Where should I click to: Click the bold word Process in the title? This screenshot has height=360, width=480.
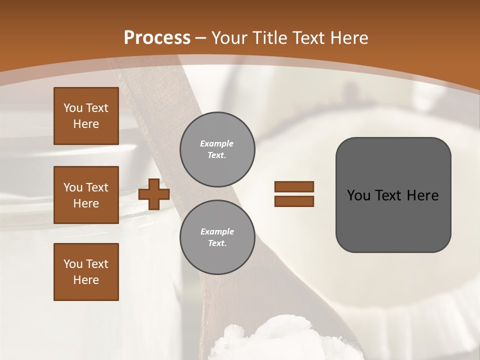[157, 38]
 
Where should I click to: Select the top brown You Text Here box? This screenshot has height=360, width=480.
[86, 116]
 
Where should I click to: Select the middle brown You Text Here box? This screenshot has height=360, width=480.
[86, 195]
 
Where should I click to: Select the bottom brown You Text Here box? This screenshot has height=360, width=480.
[86, 272]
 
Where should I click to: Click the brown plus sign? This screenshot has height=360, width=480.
[154, 194]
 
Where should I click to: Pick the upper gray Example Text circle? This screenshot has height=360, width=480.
[217, 149]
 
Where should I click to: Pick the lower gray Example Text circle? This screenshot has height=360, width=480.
[217, 237]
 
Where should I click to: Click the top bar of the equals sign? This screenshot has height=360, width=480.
[294, 186]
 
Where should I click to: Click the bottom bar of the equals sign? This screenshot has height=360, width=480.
[294, 201]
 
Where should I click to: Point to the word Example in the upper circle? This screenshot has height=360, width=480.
[217, 143]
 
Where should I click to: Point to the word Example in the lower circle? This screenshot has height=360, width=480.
[217, 231]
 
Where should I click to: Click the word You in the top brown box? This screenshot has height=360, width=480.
[73, 108]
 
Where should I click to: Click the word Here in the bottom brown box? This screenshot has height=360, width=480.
[86, 280]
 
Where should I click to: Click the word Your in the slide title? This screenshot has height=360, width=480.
[229, 38]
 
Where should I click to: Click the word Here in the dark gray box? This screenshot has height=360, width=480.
[423, 195]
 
